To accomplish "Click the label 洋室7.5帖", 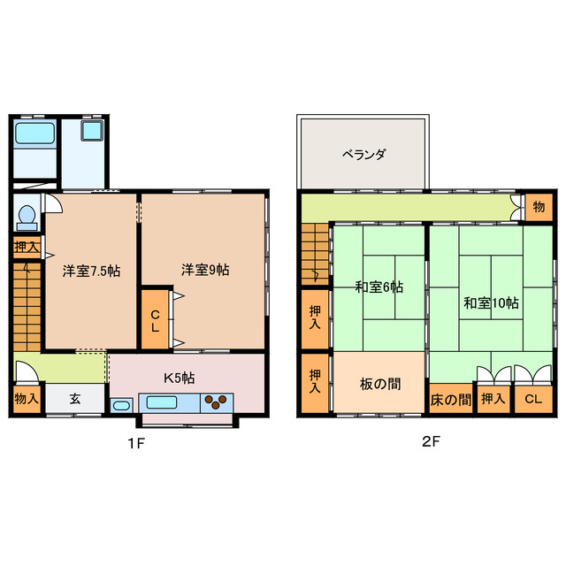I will pyautogui.click(x=90, y=272).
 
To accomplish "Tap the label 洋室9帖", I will pyautogui.click(x=206, y=269).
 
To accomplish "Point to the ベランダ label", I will pyautogui.click(x=364, y=155).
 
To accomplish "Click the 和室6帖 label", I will pyautogui.click(x=379, y=287).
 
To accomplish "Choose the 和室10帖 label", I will pyautogui.click(x=491, y=302).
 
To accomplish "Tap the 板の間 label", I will pyautogui.click(x=379, y=384).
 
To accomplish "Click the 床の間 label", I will pyautogui.click(x=451, y=400).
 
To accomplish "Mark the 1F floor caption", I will pyautogui.click(x=134, y=443).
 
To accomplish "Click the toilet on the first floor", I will pyautogui.click(x=27, y=216).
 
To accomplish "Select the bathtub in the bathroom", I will pyautogui.click(x=35, y=134).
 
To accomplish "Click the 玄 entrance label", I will pyautogui.click(x=75, y=399).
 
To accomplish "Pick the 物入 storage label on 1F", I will pyautogui.click(x=27, y=399).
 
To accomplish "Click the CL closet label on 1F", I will pyautogui.click(x=155, y=321).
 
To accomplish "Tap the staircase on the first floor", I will pyautogui.click(x=27, y=305).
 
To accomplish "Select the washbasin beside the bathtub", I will pyautogui.click(x=92, y=133).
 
